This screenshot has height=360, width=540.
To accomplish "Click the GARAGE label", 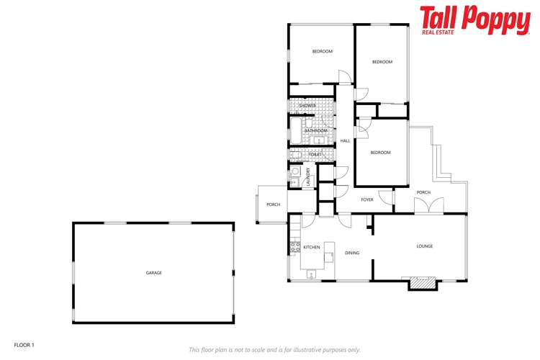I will [x=153, y=273].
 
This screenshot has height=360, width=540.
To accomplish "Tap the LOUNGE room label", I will [x=425, y=246].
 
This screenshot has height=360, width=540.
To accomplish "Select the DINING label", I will [x=352, y=253].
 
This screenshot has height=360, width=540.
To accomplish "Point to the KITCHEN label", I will [x=311, y=247].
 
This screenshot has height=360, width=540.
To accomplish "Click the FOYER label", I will [x=367, y=199].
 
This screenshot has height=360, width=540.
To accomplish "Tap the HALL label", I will [x=346, y=140].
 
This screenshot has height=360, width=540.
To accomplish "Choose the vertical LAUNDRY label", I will [x=308, y=176].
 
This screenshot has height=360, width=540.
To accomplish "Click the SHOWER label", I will [x=307, y=106].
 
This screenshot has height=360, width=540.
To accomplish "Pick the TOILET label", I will [x=315, y=154].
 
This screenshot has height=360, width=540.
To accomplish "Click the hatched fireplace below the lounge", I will [x=423, y=284].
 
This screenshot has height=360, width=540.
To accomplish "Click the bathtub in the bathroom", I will [x=295, y=131].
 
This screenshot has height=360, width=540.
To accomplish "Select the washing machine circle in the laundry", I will [x=294, y=171].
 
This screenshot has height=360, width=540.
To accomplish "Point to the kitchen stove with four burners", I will [x=294, y=248].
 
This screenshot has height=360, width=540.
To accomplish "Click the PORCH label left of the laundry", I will [x=273, y=204].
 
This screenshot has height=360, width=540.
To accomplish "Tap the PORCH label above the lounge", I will [x=423, y=192].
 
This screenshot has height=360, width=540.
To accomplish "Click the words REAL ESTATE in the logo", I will [x=438, y=32].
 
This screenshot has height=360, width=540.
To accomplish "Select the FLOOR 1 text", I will [x=24, y=345].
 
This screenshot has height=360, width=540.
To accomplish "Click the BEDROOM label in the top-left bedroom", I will [x=322, y=51].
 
